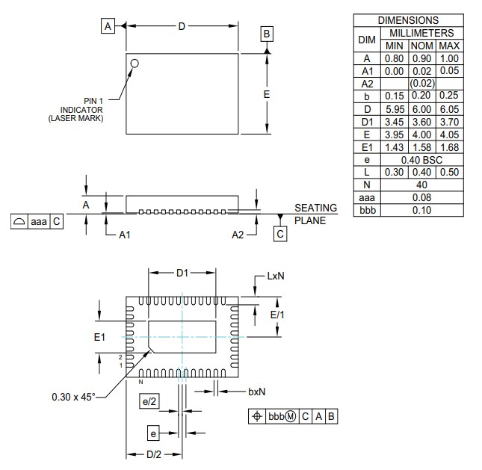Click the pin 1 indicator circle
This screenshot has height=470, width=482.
(x=135, y=64)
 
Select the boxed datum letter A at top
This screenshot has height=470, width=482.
(x=108, y=26)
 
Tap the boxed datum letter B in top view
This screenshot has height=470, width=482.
(x=268, y=34)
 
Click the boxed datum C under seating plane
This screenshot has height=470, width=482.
(x=280, y=234)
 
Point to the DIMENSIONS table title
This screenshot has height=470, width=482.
(x=408, y=20)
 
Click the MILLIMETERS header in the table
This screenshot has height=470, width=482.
(x=421, y=33)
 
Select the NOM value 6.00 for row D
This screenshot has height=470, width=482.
(x=422, y=109)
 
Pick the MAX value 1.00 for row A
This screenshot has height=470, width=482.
(x=449, y=58)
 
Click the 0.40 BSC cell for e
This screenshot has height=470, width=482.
(x=422, y=160)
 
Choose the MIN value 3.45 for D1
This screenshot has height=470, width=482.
(x=395, y=122)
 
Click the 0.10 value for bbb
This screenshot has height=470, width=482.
(x=422, y=211)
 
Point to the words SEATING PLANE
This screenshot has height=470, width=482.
(x=315, y=214)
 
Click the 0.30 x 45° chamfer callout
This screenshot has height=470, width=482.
(x=73, y=397)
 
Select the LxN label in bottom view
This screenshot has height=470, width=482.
(x=275, y=276)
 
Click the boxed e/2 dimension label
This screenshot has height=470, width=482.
(x=149, y=402)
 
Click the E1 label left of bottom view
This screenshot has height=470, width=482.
(x=100, y=338)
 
